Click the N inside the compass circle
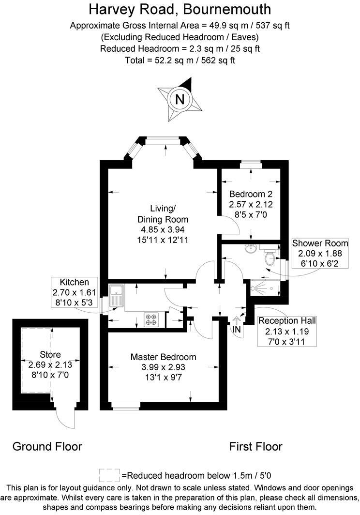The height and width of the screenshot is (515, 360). (180, 99)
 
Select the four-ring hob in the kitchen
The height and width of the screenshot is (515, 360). (151, 319)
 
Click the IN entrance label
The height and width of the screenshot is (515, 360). (237, 329)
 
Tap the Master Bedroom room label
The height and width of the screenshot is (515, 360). (164, 357)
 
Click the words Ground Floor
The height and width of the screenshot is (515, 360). (47, 446)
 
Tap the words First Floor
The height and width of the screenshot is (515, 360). (255, 446)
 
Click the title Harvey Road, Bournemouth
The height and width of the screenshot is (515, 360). (180, 9)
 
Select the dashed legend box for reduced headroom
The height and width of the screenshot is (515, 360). (109, 474)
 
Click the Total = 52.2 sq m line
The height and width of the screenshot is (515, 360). (180, 61)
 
